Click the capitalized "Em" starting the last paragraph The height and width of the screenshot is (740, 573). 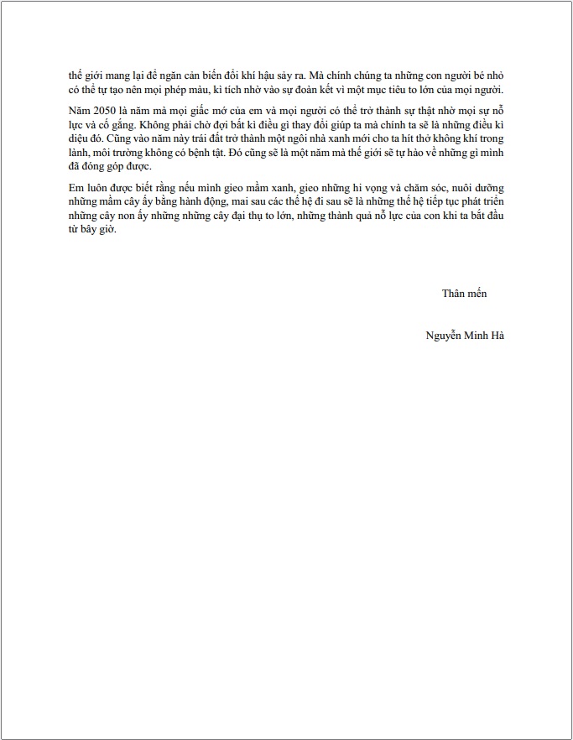(x=77, y=188)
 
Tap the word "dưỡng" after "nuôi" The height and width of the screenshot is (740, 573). (x=488, y=188)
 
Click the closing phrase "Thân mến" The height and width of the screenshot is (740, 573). (x=464, y=293)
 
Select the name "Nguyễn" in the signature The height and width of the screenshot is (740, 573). (x=443, y=335)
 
